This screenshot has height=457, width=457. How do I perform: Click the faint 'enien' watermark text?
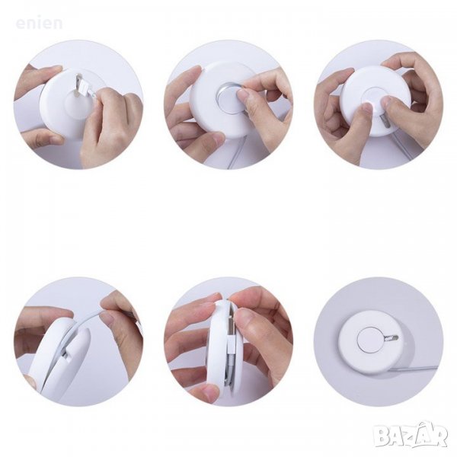pos(39,24)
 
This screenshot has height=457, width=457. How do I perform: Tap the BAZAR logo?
pos(411,436)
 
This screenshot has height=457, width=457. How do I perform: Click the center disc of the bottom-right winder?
pos(368,339)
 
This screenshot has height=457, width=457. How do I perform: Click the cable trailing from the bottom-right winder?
pos(414,369)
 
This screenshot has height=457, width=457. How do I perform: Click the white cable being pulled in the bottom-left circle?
pos(85,324)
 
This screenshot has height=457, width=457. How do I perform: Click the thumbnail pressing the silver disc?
pos(241,94)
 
